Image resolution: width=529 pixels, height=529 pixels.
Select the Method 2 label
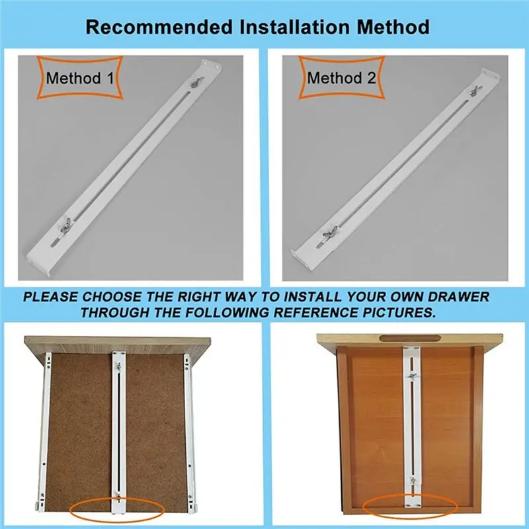[341, 78]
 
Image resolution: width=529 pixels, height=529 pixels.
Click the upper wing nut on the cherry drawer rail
[412, 376]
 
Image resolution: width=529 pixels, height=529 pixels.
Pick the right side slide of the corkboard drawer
[190, 430]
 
